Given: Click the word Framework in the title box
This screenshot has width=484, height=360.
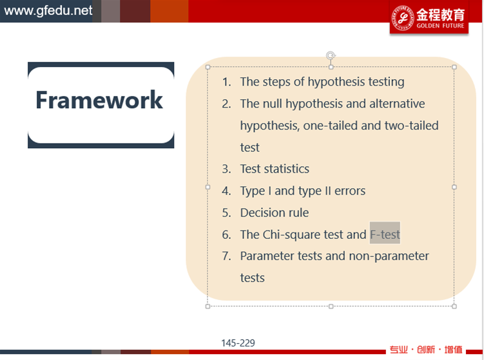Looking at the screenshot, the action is click(99, 100).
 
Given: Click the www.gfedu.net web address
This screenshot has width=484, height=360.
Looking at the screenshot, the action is click(48, 10).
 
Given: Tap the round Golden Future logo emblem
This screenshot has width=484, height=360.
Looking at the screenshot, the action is click(403, 17).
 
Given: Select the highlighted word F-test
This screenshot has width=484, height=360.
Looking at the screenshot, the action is click(385, 234).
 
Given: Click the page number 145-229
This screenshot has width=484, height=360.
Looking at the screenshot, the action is click(238, 343).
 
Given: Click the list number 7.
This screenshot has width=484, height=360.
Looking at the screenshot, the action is click(227, 256).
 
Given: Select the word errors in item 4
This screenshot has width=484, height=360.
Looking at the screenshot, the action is click(350, 191).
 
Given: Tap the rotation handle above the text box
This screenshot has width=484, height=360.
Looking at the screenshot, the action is click(331, 55).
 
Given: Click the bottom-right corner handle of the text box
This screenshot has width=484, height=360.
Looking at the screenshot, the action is click(454, 306).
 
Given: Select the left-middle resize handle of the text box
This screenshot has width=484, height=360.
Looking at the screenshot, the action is click(208, 187).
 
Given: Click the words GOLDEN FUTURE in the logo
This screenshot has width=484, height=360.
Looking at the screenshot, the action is click(440, 26).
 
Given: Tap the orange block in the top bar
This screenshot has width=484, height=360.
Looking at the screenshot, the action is click(169, 11).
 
